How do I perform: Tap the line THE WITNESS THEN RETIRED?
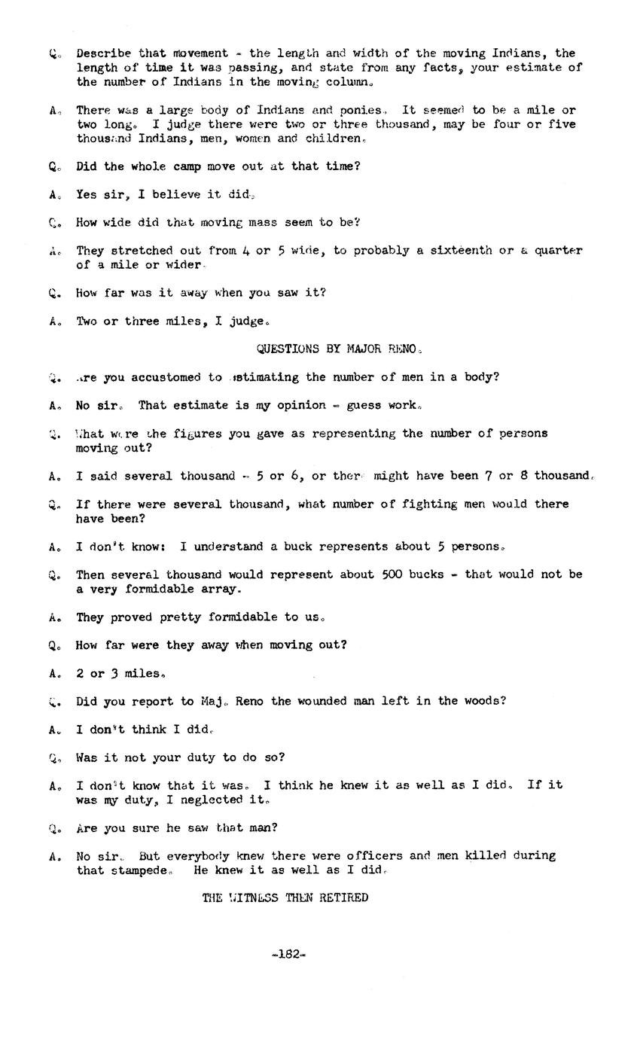(285, 897)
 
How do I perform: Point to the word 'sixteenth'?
(462, 250)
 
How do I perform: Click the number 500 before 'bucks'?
(392, 574)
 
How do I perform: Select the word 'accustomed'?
(166, 377)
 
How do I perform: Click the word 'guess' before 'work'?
(364, 405)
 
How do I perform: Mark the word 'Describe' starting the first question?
(104, 53)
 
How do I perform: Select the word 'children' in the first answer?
(334, 139)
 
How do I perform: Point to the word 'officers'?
(374, 856)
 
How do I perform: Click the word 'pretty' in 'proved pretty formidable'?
(179, 617)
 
